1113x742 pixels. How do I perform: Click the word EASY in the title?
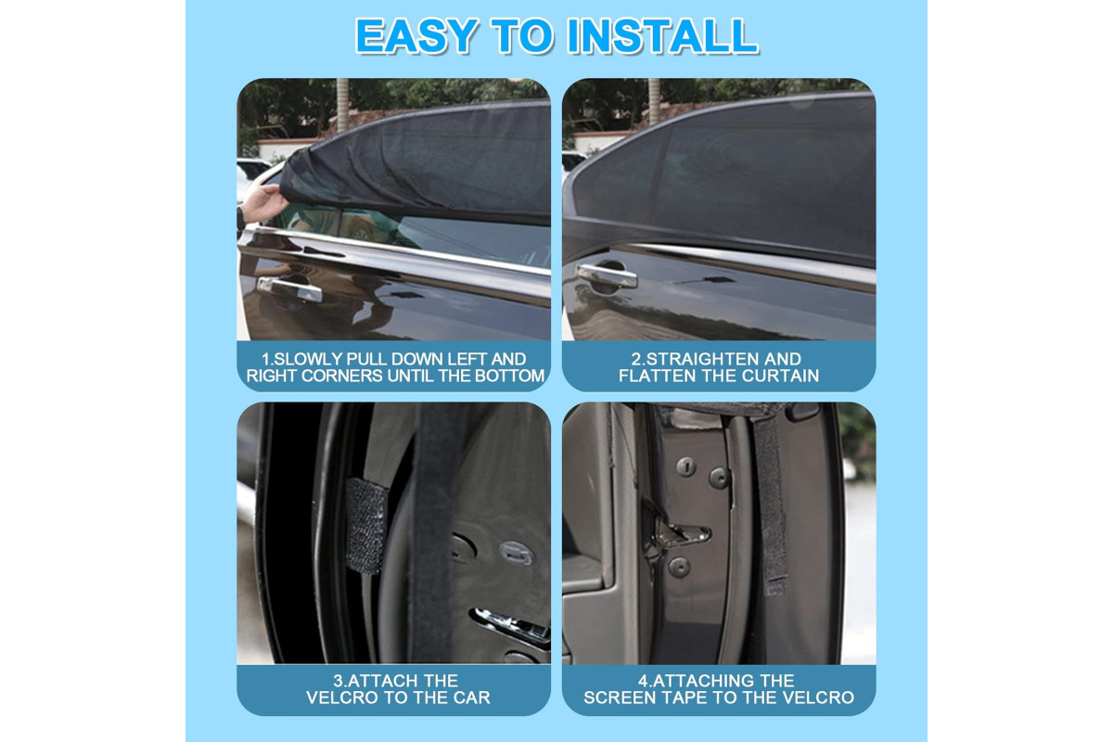416,36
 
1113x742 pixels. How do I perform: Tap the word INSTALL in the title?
663,36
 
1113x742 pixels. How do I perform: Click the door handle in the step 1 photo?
289,288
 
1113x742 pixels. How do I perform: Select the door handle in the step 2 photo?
607,275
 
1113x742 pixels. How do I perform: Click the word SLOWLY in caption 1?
307,359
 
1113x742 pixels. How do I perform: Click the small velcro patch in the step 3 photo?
365,526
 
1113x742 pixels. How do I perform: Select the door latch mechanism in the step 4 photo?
680,534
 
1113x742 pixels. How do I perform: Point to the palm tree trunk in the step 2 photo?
654,101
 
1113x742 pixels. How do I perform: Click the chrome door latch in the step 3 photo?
512,626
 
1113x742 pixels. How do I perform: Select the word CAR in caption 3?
471,697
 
